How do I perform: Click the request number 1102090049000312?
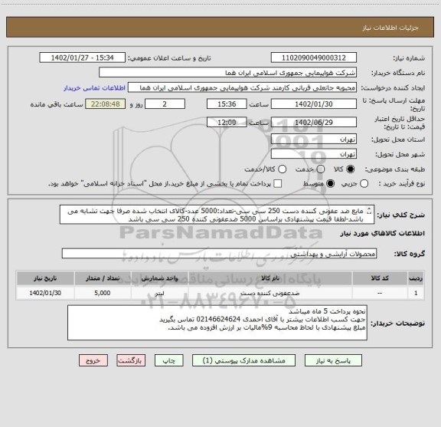(314, 57)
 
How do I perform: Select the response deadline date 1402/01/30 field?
(314, 104)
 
